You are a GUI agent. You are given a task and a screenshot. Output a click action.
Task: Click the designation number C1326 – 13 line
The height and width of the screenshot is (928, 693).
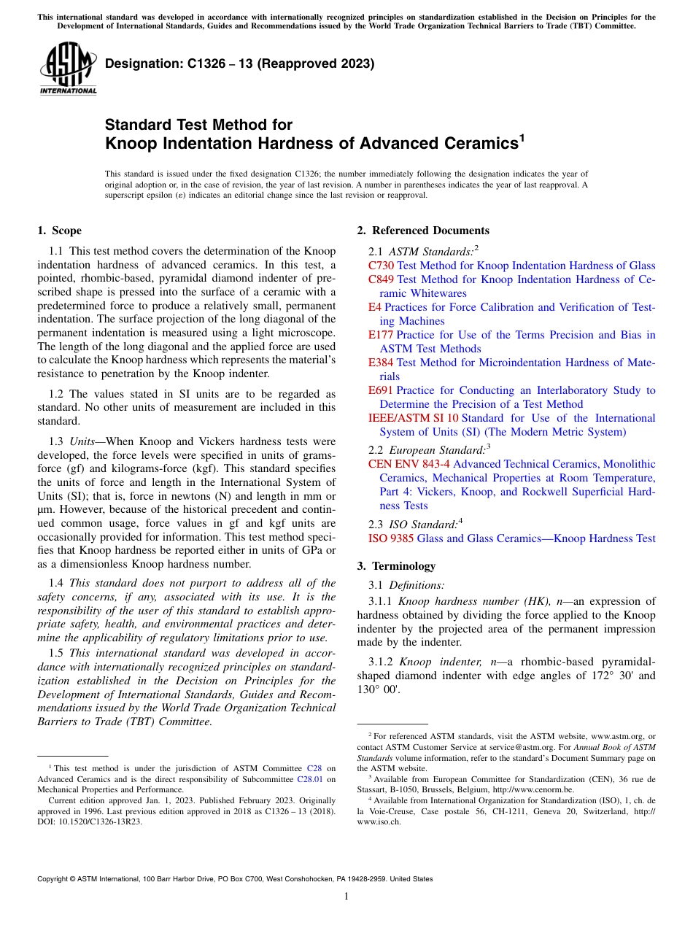tap(239, 63)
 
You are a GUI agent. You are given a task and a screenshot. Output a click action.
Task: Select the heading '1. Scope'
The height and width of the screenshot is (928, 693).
tap(59, 231)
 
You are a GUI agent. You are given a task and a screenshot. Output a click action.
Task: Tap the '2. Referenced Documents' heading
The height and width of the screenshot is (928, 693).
tap(423, 231)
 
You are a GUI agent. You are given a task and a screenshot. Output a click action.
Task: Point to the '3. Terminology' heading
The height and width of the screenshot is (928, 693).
tap(396, 565)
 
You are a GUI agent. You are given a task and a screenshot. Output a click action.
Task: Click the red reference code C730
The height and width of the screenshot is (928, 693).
tap(381, 266)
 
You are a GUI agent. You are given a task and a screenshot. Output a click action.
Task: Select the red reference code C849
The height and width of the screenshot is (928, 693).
tap(381, 279)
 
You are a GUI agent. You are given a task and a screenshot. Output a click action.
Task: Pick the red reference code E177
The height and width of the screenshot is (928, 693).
tap(381, 335)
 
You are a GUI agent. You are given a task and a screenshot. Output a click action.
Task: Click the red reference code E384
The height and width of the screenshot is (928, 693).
tap(381, 363)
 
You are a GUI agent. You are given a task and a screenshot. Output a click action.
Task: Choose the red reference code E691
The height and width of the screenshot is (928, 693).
tap(381, 390)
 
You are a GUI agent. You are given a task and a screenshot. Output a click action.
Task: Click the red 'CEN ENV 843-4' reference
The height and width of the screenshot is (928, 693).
tap(409, 464)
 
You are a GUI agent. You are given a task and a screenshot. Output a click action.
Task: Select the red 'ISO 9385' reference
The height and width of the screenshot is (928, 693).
tap(391, 538)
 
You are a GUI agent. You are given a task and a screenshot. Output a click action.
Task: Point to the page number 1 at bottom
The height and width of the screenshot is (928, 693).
tap(346, 896)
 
